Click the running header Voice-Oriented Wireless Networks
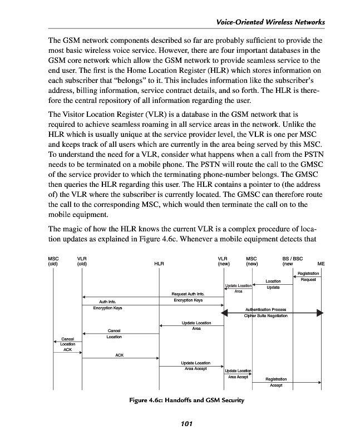click(270, 22)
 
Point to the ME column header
click(320, 264)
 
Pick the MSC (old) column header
click(53, 261)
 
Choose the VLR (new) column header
click(223, 261)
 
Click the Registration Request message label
click(308, 276)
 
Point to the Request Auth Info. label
click(188, 294)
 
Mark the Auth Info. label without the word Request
click(107, 301)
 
